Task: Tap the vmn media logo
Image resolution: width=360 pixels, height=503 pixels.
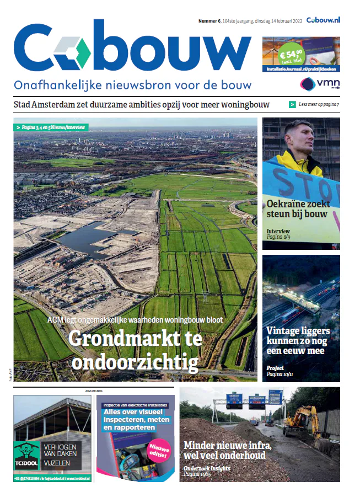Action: [320, 84]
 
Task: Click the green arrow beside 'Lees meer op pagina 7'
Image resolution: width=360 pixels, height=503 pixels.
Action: [292, 104]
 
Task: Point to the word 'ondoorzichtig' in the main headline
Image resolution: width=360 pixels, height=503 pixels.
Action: [135, 362]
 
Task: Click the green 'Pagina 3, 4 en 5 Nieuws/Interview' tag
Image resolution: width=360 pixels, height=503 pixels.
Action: [50, 127]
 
